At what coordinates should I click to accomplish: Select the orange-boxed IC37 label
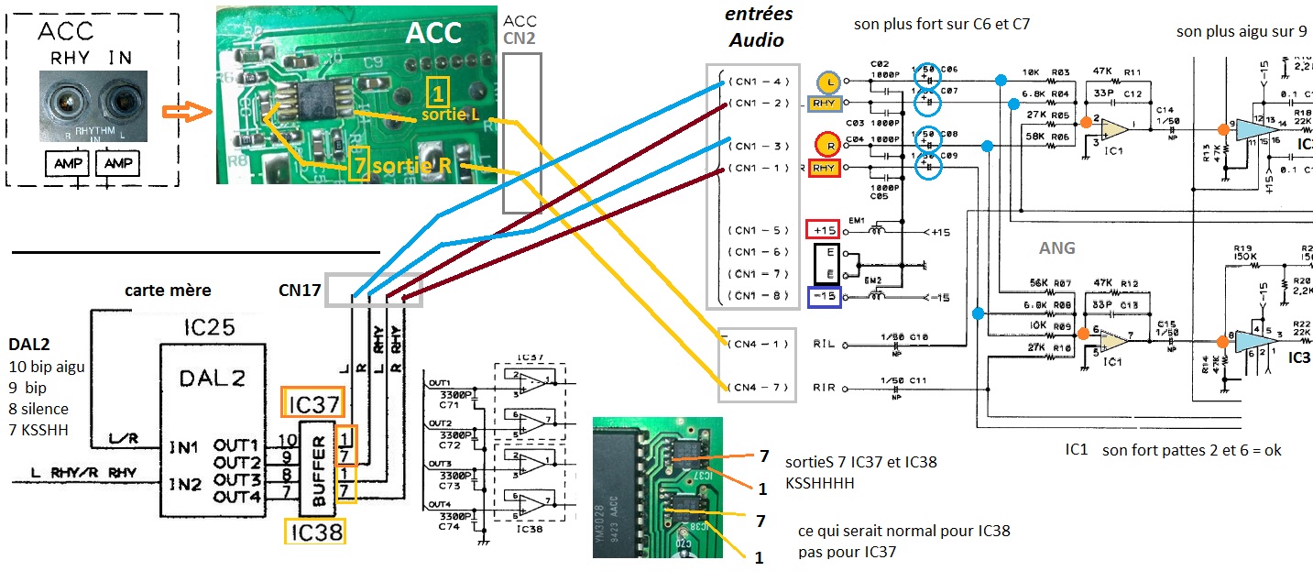[x=314, y=402]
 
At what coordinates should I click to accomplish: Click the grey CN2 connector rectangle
[x=521, y=133]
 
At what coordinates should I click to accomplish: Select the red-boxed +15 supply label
[x=821, y=229]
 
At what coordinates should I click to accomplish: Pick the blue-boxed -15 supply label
[x=821, y=296]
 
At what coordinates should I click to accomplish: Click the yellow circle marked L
[x=830, y=82]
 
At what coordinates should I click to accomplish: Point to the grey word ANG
[x=1056, y=247]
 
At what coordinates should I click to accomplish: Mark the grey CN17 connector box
[x=374, y=291]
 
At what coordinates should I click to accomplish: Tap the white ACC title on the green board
[x=435, y=33]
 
